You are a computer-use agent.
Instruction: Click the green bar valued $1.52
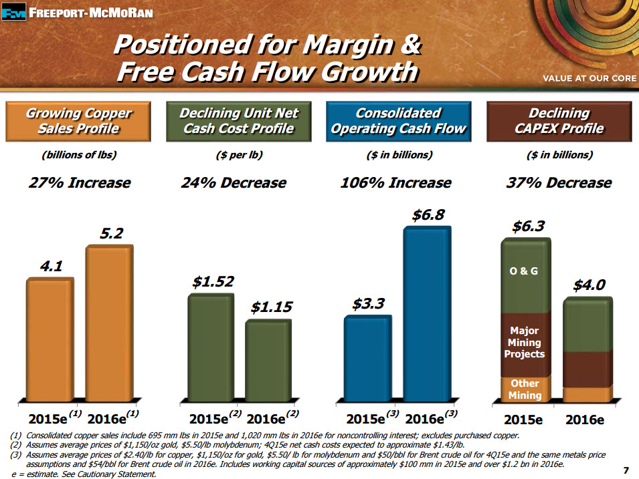[x=212, y=347]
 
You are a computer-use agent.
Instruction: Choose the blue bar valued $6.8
[x=426, y=314]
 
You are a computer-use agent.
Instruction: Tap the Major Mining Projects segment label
[x=525, y=342]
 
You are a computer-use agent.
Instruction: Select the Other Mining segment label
[x=525, y=389]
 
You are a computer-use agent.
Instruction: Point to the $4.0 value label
[x=589, y=285]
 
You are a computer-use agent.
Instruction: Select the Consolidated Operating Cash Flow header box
[x=397, y=120]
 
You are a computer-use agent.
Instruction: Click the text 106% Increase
[x=395, y=182]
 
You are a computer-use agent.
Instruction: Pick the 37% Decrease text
[x=559, y=182]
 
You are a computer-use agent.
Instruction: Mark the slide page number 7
[x=626, y=470]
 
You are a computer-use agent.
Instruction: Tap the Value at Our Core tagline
[x=588, y=79]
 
